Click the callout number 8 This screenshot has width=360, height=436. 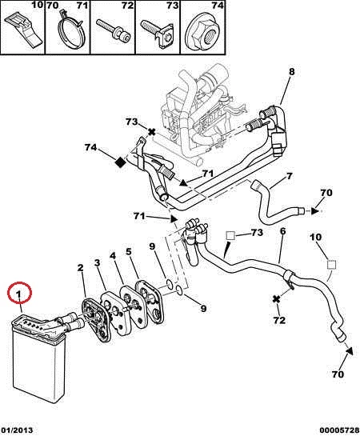tap(291, 72)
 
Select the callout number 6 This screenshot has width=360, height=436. tap(282, 231)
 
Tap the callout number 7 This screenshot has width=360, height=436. tap(289, 176)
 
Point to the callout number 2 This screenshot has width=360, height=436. tap(80, 268)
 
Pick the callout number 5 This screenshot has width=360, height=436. tap(129, 252)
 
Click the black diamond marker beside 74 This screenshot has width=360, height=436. tap(121, 162)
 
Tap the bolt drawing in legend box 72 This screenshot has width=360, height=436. tap(114, 31)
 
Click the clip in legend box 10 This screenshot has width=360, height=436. tap(24, 30)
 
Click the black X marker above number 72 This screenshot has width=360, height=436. tap(276, 299)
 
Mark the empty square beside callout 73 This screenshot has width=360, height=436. tap(230, 236)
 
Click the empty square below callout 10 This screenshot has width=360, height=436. tap(331, 264)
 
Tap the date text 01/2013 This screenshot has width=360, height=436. tap(17, 430)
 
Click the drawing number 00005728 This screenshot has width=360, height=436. tap(339, 430)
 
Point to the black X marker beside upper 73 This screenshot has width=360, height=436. tap(151, 132)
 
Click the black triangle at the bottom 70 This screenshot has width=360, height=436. tap(350, 350)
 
